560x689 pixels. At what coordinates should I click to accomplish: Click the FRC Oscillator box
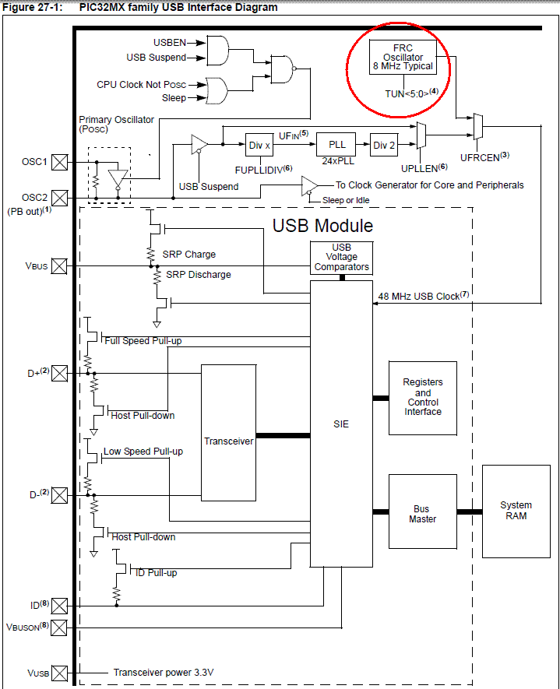point(402,58)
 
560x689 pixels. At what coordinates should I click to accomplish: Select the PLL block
point(336,145)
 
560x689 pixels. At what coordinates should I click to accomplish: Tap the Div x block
point(259,145)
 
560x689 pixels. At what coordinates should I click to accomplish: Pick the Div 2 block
point(380,145)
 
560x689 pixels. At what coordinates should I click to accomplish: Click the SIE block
point(341,424)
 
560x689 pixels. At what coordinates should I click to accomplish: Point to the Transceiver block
point(228,441)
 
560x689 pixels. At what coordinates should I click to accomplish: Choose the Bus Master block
point(422,514)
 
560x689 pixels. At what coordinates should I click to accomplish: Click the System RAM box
point(516,511)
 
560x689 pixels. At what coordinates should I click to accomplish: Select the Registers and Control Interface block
point(423,397)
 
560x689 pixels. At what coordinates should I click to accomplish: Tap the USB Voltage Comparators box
point(341,258)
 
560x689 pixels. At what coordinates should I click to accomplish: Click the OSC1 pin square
point(59,163)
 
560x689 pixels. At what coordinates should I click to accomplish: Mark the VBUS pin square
point(59,265)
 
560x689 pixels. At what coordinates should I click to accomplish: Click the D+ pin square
point(59,373)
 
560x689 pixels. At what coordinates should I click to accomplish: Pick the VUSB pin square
point(59,672)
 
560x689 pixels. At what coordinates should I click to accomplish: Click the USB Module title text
point(322,226)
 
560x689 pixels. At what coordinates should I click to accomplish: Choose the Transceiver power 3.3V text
point(163,673)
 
